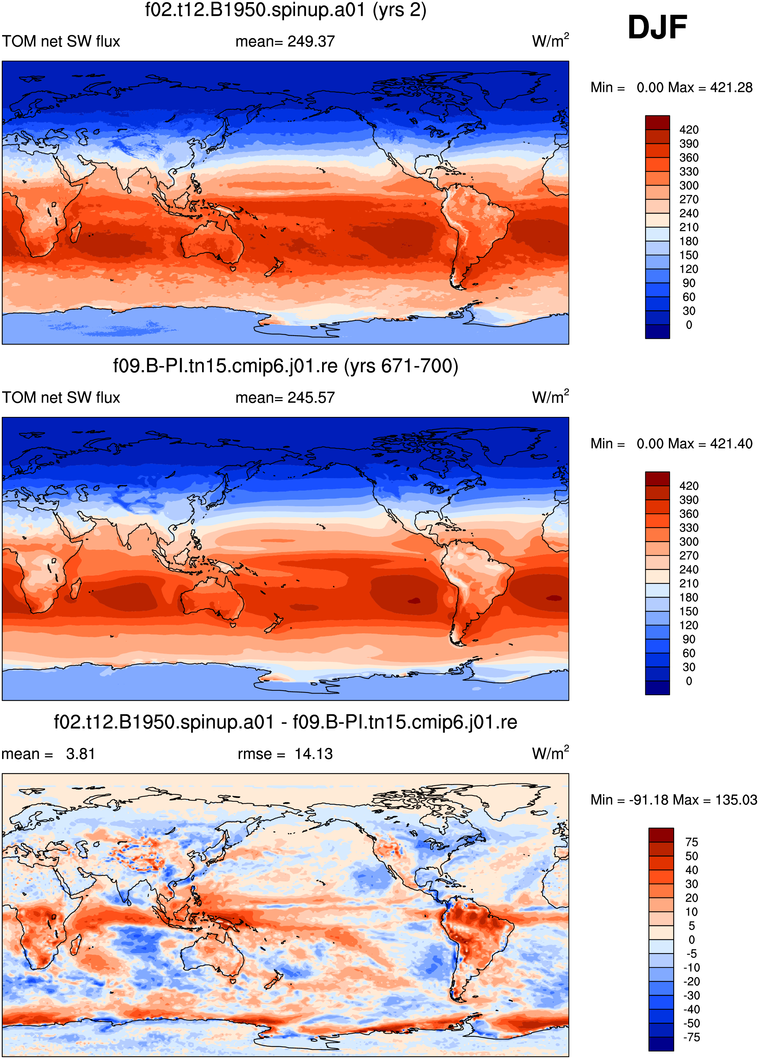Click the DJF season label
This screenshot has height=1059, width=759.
pyautogui.click(x=657, y=27)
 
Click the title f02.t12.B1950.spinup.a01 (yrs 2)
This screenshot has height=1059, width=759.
pyautogui.click(x=286, y=10)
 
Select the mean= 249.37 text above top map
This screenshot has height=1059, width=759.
pyautogui.click(x=285, y=41)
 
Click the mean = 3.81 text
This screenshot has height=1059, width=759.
pyautogui.click(x=48, y=754)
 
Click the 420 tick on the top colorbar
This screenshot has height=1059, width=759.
pyautogui.click(x=689, y=130)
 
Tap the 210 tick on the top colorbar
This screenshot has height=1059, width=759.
pyautogui.click(x=689, y=227)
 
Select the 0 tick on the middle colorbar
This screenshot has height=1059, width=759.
pyautogui.click(x=689, y=681)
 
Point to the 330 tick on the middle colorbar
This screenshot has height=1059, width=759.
pyautogui.click(x=689, y=528)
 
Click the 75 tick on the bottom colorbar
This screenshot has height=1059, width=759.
pyautogui.click(x=692, y=842)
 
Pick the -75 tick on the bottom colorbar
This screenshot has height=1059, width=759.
pyautogui.click(x=692, y=1037)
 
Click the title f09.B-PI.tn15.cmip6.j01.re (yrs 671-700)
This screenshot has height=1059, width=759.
pyautogui.click(x=286, y=366)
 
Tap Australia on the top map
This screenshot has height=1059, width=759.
pyautogui.click(x=213, y=241)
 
